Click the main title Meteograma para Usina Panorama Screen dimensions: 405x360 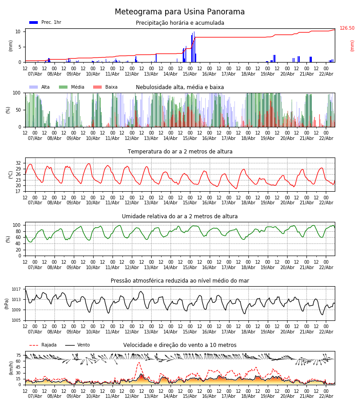pyautogui.click(x=180, y=12)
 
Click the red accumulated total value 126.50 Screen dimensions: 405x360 pyautogui.click(x=347, y=28)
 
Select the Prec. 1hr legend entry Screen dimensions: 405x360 pyautogui.click(x=45, y=22)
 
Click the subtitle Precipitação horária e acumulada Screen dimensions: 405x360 pyautogui.click(x=180, y=23)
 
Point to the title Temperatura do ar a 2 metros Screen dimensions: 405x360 pyautogui.click(x=180, y=152)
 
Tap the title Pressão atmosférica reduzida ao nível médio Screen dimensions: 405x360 pyautogui.click(x=180, y=281)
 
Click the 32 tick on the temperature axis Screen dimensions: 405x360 pyautogui.click(x=18, y=163)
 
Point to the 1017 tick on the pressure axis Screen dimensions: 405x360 pyautogui.click(x=16, y=289)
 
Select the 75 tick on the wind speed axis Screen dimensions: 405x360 pyautogui.click(x=18, y=355)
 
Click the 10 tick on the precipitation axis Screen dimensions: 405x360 pyautogui.click(x=18, y=31)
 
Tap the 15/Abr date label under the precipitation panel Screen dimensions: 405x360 pyautogui.click(x=189, y=74)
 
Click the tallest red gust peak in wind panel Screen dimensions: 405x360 pyautogui.click(x=139, y=363)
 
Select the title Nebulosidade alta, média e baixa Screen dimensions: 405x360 pyautogui.click(x=180, y=87)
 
